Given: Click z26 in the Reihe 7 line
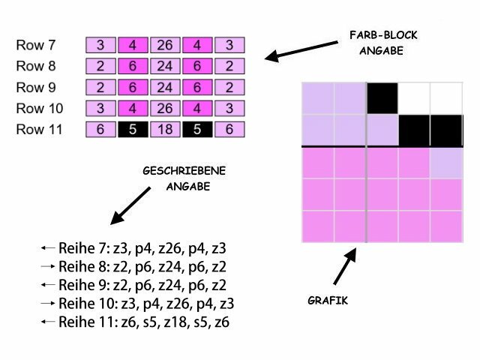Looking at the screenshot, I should click(159, 248).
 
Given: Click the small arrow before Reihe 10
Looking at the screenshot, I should click(49, 304).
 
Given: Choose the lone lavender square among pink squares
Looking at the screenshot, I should click(447, 163).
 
